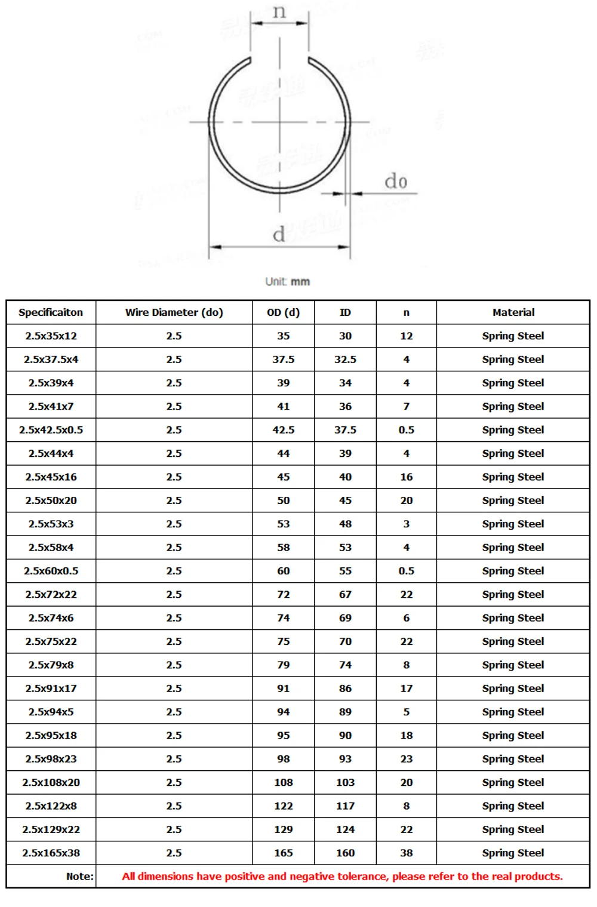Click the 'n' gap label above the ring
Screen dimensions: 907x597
click(279, 12)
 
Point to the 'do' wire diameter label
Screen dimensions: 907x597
click(396, 181)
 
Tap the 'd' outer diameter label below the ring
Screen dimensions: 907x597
click(279, 235)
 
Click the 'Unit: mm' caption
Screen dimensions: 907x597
click(288, 281)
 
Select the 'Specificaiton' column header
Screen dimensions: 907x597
click(51, 312)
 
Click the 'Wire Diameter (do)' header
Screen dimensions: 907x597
click(174, 312)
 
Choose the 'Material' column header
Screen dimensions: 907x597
click(513, 312)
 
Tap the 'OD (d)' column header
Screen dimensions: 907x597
click(284, 312)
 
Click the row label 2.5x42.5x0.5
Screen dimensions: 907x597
click(51, 430)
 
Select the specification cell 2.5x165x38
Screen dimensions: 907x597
click(51, 853)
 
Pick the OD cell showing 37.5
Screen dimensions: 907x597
click(284, 359)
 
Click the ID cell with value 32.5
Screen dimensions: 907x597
click(345, 359)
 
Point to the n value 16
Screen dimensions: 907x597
click(407, 477)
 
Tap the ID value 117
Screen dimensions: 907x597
click(345, 806)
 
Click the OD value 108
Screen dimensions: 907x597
click(284, 782)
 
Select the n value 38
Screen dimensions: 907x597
click(407, 853)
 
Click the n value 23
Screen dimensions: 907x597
click(407, 759)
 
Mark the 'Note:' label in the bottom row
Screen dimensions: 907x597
click(80, 877)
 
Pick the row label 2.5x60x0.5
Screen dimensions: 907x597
click(51, 571)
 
